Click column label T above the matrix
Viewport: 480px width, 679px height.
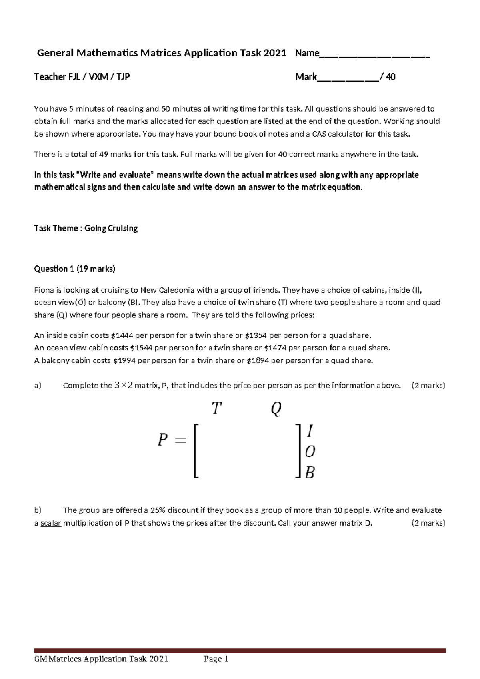(x=216, y=409)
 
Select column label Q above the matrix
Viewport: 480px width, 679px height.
(x=276, y=409)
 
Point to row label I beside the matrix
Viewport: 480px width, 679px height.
(x=310, y=432)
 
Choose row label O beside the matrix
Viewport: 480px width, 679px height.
(x=310, y=452)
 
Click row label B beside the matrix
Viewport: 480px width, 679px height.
(x=310, y=473)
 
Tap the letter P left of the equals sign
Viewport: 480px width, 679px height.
(x=162, y=440)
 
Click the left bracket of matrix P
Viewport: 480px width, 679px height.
(x=196, y=451)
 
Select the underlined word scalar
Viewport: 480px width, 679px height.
(x=51, y=523)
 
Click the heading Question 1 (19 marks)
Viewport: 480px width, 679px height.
(x=75, y=269)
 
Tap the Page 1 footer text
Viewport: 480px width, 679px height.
(x=216, y=659)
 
